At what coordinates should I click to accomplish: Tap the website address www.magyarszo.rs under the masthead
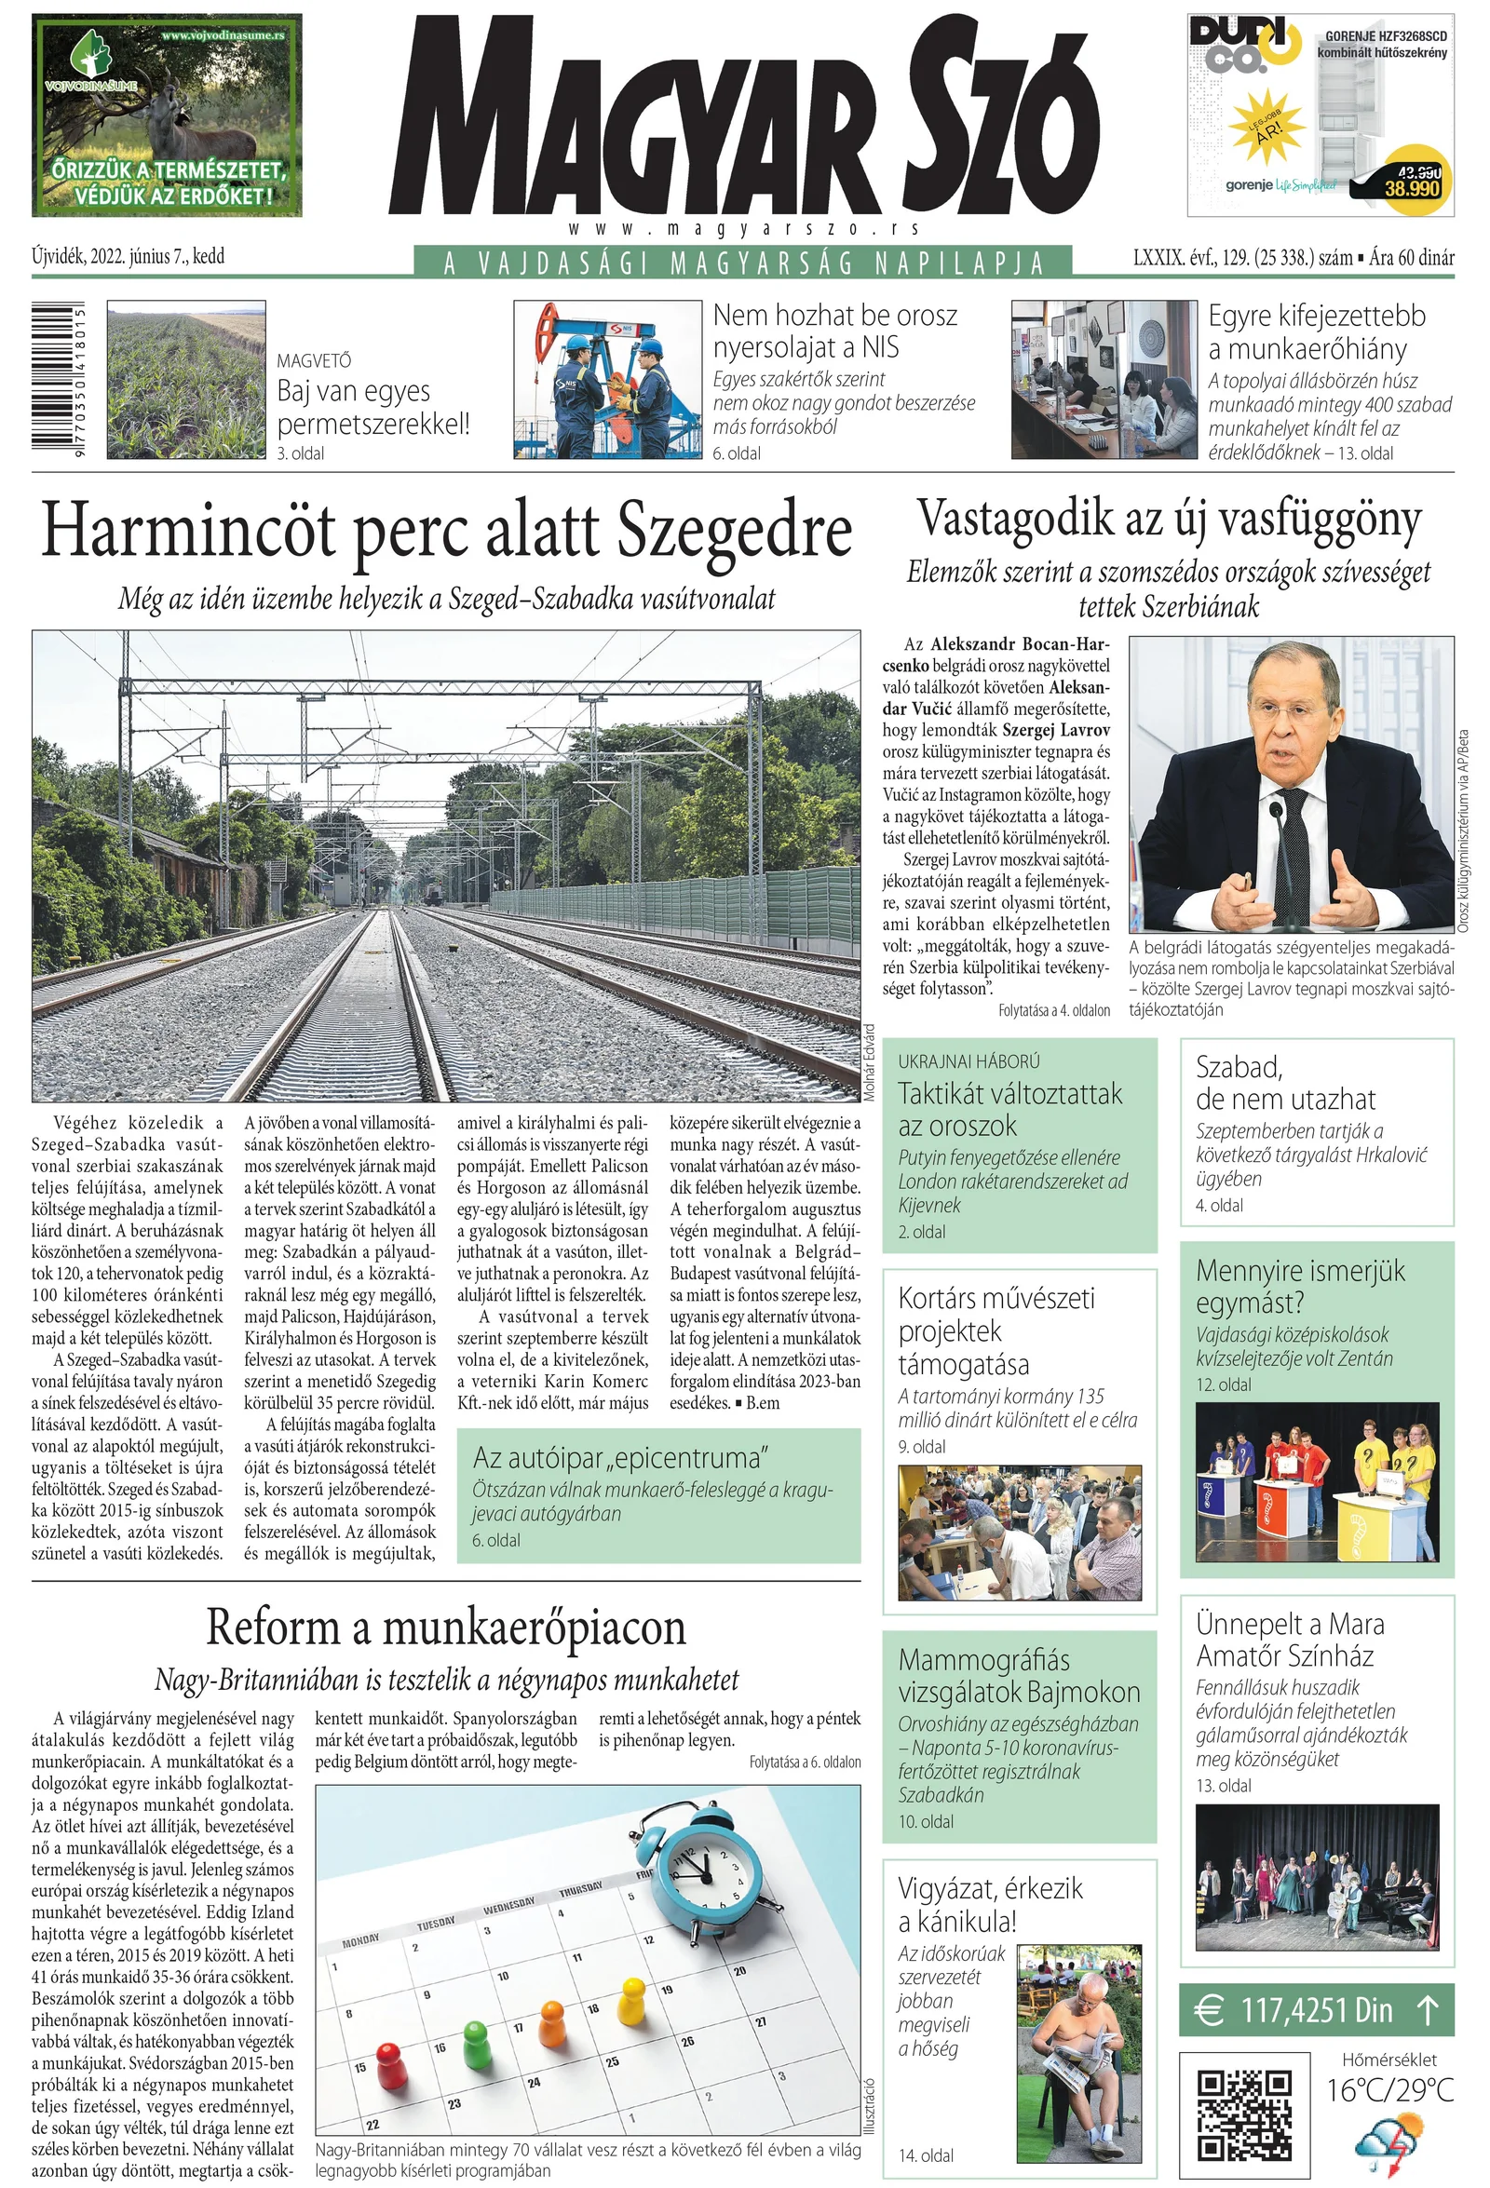(x=743, y=229)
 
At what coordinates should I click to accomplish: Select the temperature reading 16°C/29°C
(x=1389, y=2090)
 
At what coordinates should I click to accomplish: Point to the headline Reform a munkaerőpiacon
(x=446, y=1627)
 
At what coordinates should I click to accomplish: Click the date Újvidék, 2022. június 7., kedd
(x=129, y=256)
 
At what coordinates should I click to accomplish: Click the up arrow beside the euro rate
(x=1427, y=2010)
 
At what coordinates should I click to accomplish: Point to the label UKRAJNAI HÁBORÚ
(x=968, y=1061)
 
